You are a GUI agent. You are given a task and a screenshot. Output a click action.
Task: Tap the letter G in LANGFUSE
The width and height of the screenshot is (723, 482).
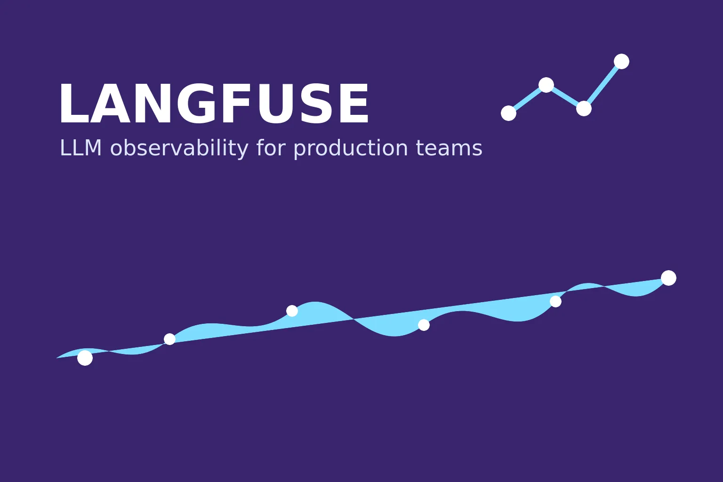(196, 103)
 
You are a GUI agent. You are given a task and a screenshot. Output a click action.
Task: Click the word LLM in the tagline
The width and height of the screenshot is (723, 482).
(80, 148)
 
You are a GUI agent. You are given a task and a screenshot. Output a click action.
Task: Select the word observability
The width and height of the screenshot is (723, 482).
(179, 149)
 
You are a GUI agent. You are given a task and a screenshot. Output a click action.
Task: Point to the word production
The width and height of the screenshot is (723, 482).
(351, 149)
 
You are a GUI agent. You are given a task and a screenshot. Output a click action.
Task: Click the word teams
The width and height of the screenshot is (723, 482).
(450, 148)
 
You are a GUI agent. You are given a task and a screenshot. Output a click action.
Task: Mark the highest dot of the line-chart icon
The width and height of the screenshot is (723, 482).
(621, 61)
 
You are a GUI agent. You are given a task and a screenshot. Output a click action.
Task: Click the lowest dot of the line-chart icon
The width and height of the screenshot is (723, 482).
(508, 113)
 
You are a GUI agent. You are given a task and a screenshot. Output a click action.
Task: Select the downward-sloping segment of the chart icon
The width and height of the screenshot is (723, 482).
(565, 96)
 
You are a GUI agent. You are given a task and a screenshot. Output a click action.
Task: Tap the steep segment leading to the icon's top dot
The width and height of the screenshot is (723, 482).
(602, 85)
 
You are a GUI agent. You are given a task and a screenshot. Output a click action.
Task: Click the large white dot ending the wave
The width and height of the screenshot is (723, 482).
(668, 278)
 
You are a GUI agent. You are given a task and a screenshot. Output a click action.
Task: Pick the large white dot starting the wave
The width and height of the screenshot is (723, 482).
(85, 358)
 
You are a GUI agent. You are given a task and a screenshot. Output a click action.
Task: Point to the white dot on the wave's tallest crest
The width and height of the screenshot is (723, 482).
(292, 311)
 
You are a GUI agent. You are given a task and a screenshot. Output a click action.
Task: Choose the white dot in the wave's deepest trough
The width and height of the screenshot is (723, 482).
(424, 325)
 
